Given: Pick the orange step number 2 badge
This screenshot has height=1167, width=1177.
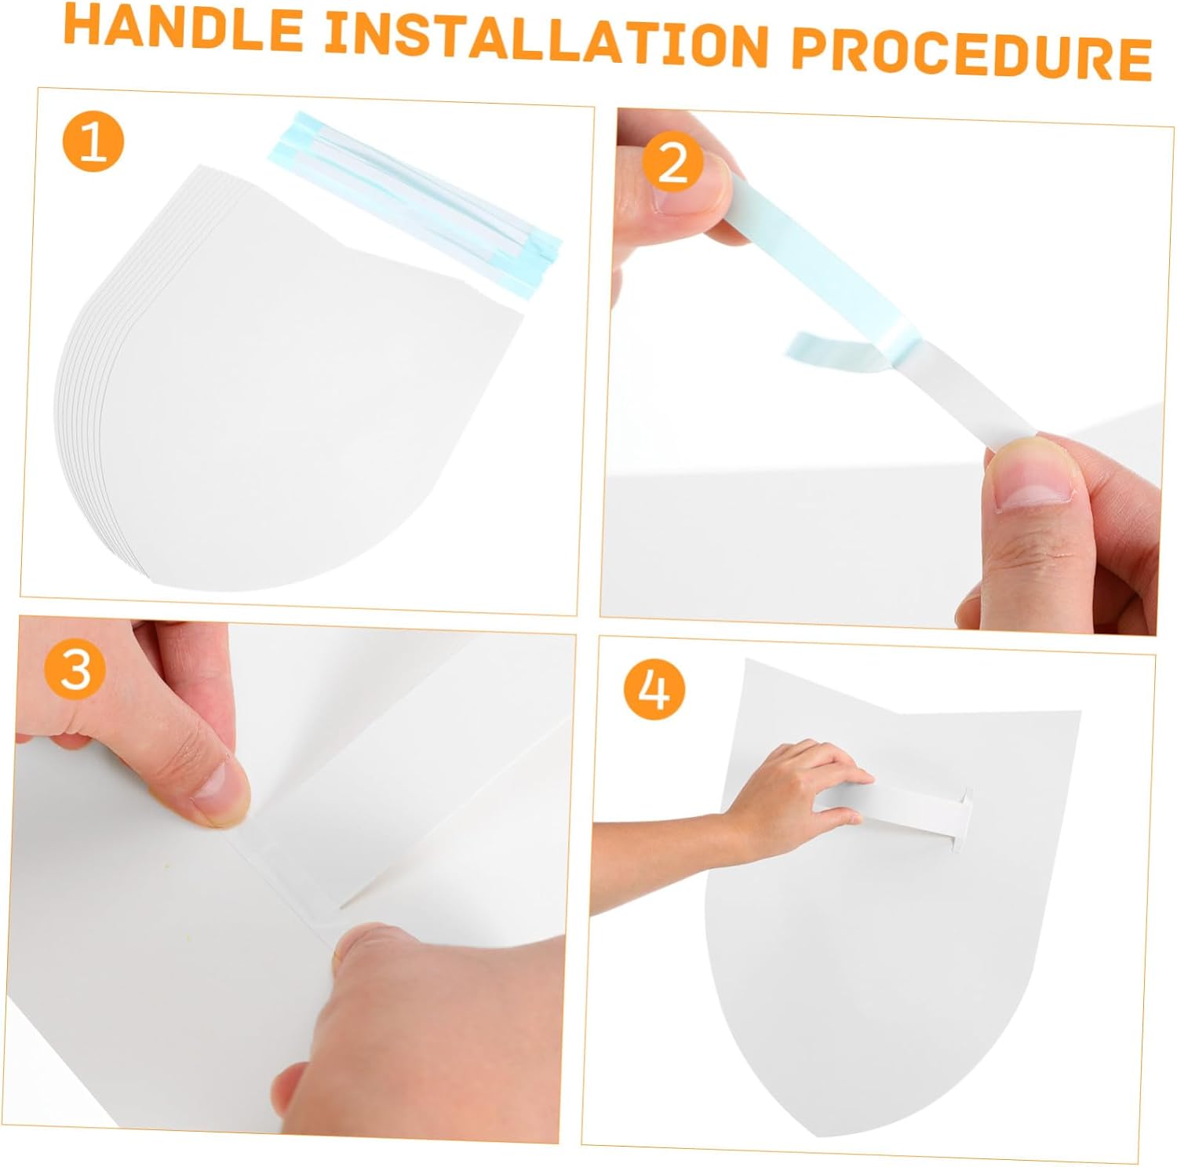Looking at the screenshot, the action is (672, 164).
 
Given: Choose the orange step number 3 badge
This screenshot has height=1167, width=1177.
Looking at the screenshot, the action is (76, 669).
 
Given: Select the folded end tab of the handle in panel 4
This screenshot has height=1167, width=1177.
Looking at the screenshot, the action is (961, 819).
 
